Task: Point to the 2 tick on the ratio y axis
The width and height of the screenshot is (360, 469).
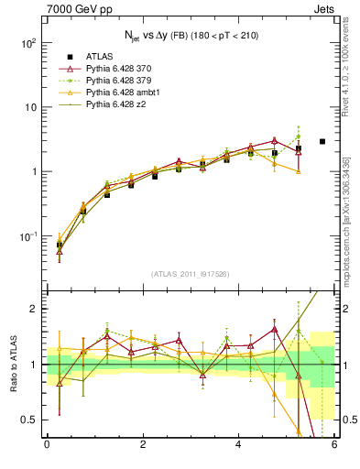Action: point(32,309)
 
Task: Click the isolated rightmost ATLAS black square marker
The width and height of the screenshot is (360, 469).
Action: point(322,141)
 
